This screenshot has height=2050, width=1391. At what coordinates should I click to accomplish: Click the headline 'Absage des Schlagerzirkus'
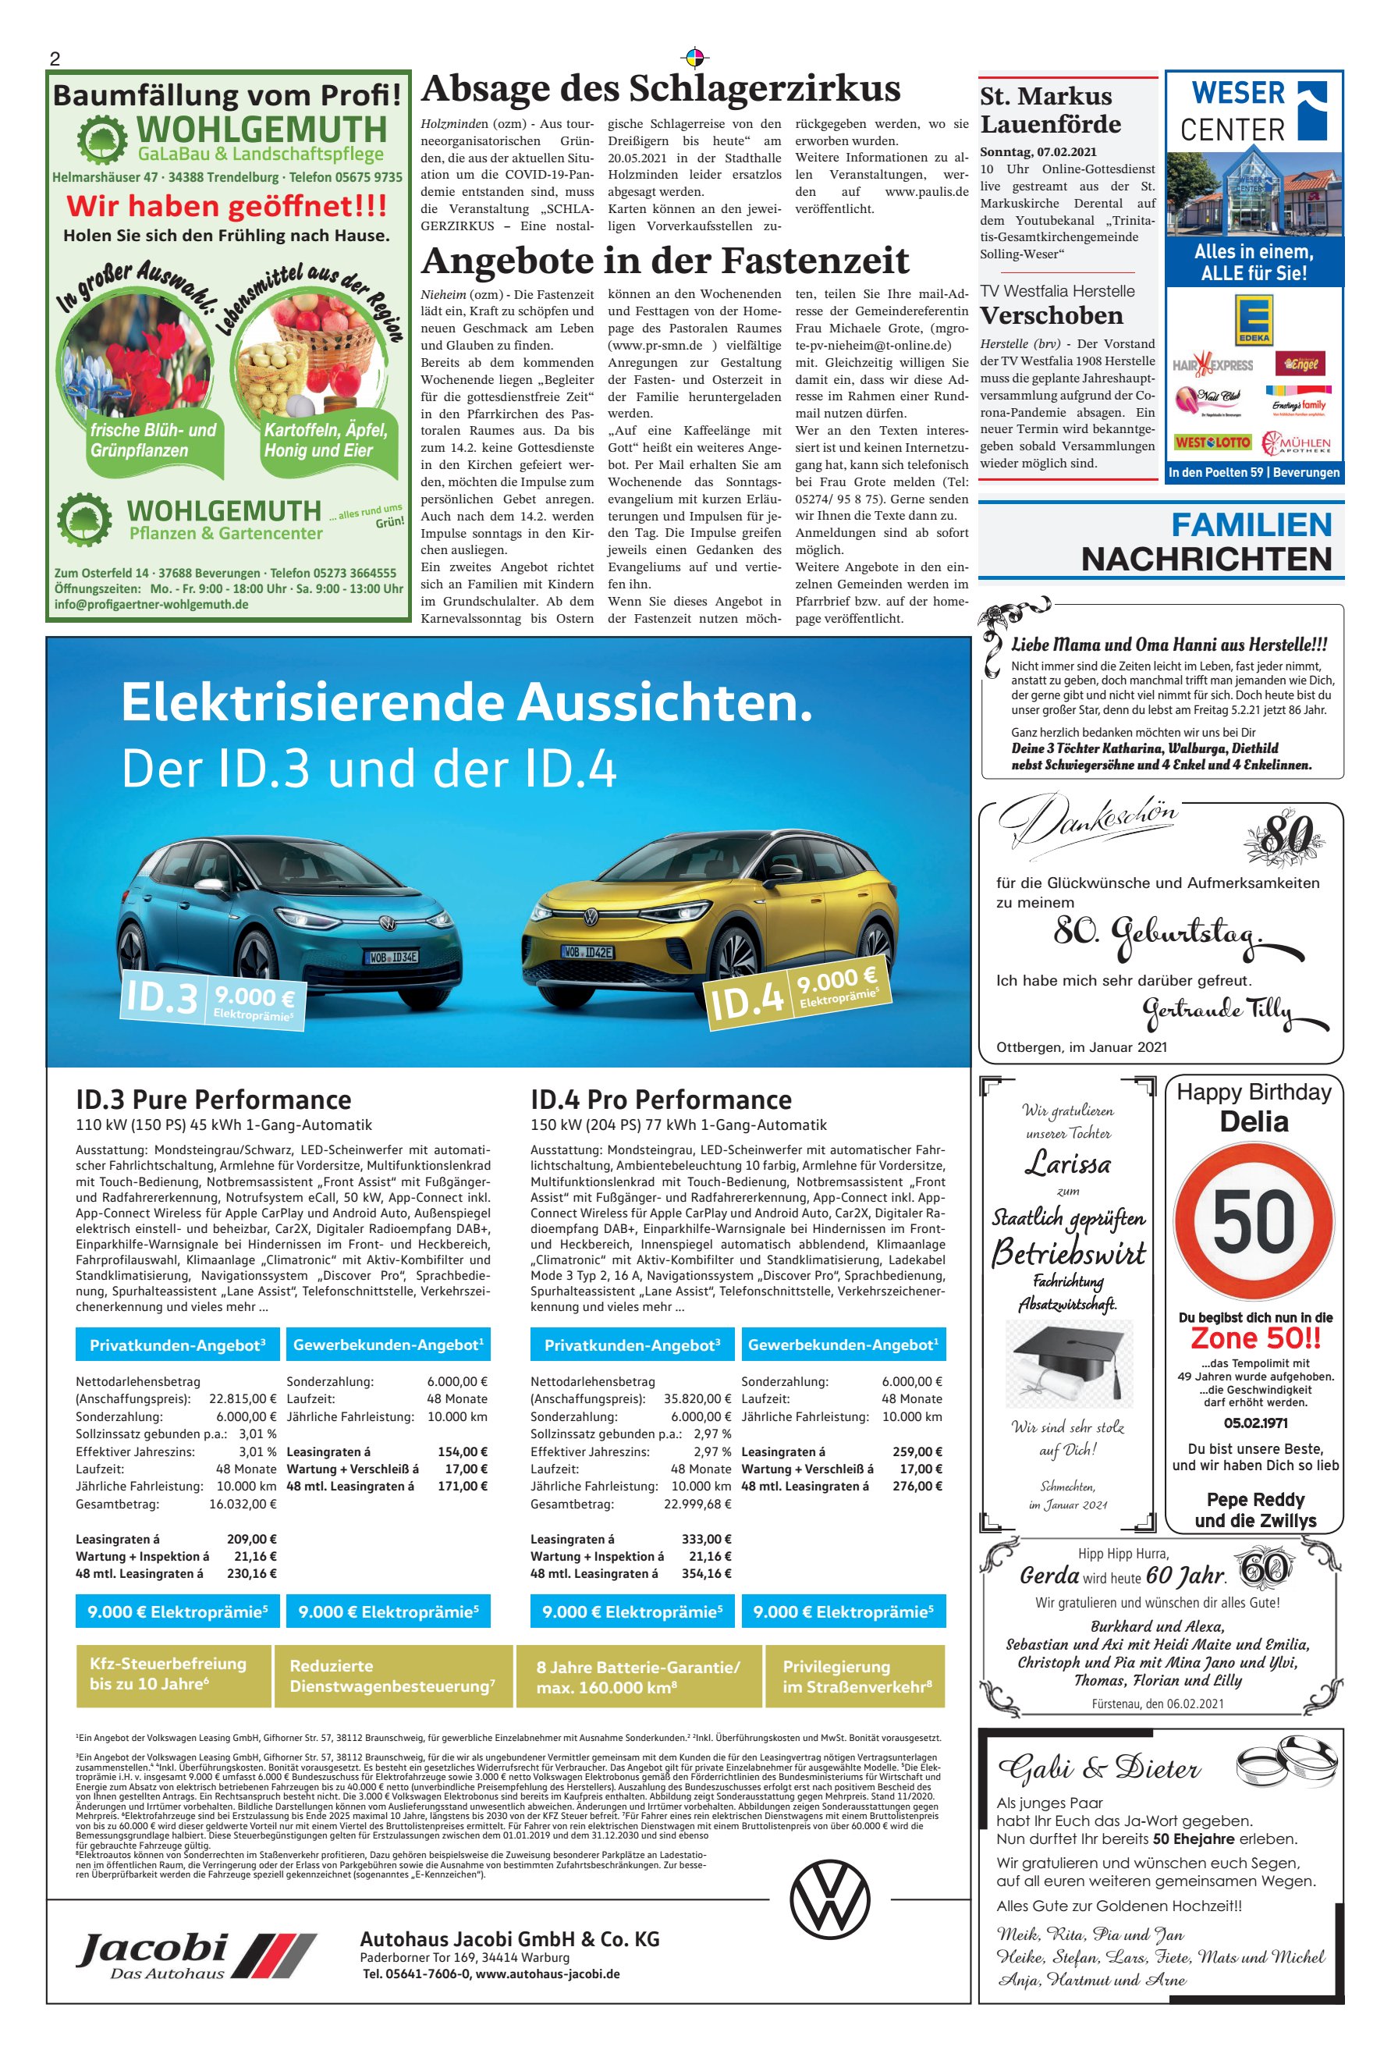coord(661,89)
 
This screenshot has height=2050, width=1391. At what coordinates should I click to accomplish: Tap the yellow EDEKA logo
coord(1254,319)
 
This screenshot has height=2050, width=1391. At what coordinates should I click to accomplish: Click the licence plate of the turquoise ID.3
coord(392,957)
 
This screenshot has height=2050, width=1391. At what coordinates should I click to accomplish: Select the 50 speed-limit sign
coord(1254,1223)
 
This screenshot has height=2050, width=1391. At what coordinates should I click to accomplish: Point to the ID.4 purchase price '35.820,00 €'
coord(697,1399)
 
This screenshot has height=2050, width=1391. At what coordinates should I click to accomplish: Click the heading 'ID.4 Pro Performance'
coord(661,1100)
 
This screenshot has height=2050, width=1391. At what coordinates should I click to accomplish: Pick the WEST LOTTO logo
coord(1211,442)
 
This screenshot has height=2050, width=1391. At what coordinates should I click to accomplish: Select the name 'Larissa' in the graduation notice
coord(1067,1164)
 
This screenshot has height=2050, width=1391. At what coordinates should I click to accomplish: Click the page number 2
coord(55,59)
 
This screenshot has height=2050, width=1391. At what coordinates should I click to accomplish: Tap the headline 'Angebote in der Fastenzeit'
coord(665,261)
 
